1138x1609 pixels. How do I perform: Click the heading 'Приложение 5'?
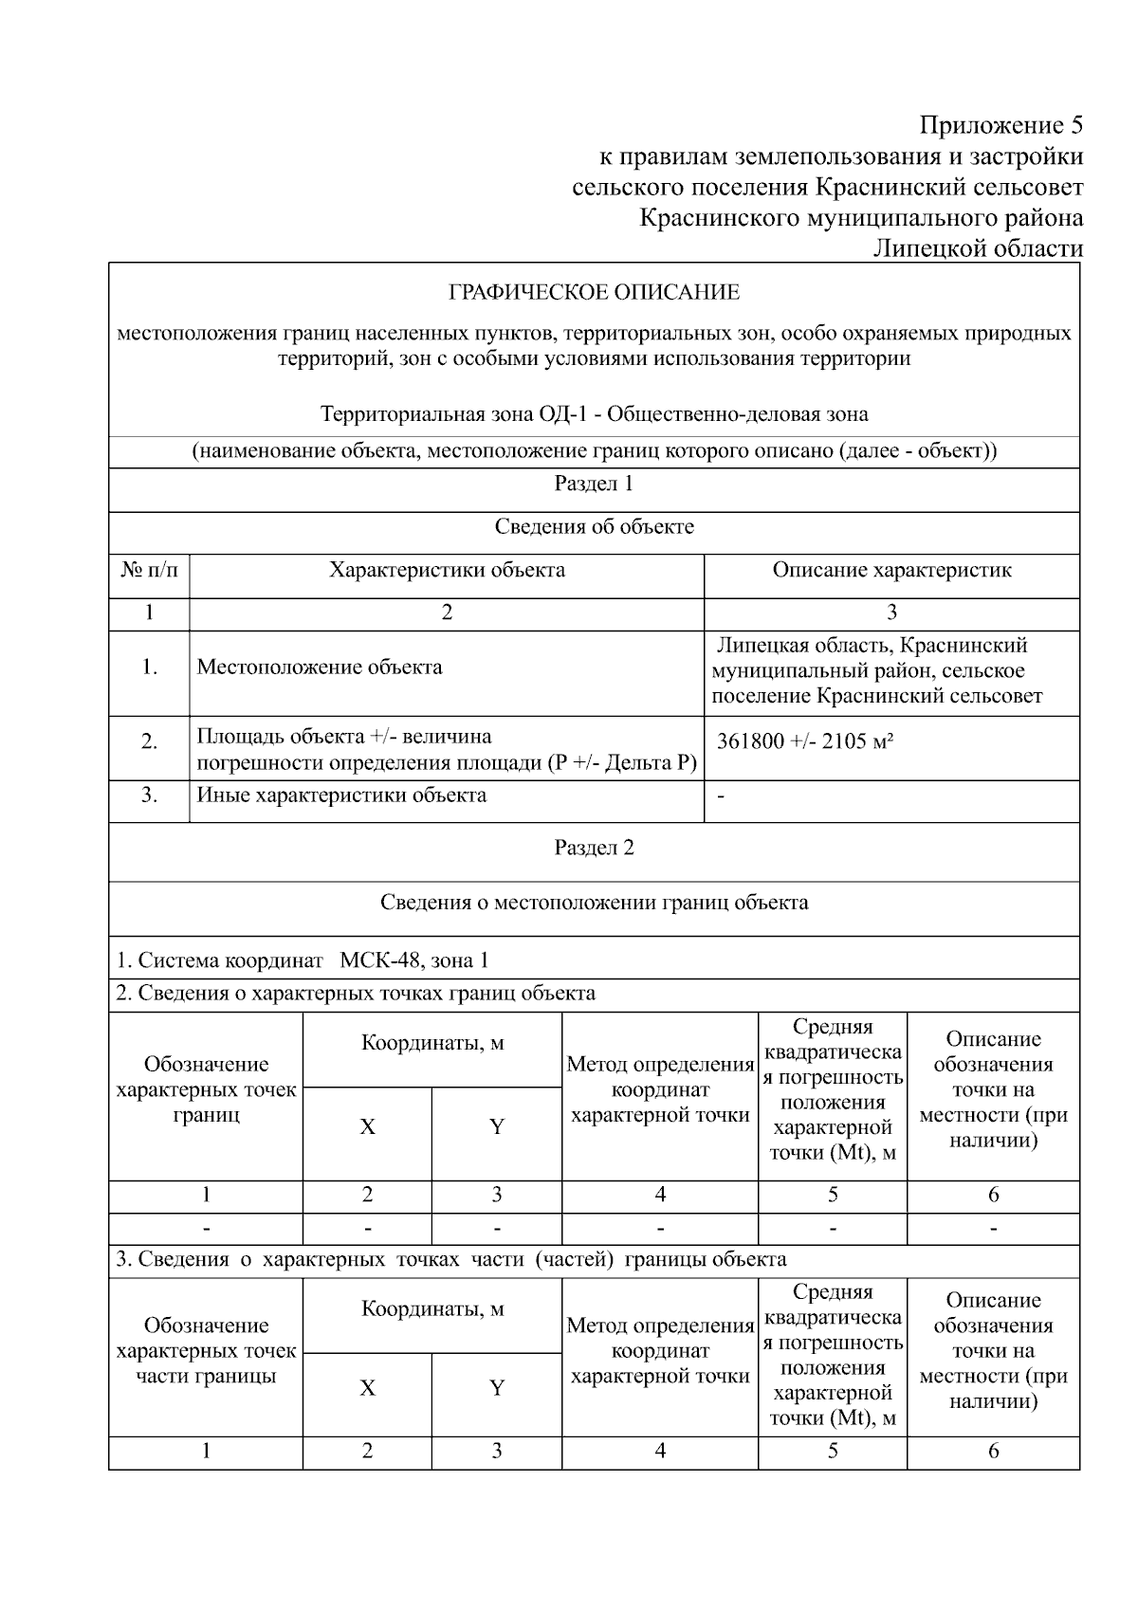pos(1000,125)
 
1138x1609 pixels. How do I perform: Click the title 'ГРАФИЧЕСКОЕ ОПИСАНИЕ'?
pos(594,292)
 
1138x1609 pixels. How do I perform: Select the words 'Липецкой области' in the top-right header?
pos(978,248)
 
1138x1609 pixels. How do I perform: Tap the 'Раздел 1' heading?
pos(594,484)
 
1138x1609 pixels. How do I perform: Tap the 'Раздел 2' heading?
pos(594,848)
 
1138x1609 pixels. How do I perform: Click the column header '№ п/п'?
pos(149,570)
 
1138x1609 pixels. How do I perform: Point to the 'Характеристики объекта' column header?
pos(447,570)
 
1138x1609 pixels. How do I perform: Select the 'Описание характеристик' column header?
pos(891,570)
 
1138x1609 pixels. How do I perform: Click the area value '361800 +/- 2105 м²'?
pos(805,741)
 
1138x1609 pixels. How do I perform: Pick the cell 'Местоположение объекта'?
pos(320,667)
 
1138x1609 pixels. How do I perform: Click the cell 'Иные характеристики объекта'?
pos(341,795)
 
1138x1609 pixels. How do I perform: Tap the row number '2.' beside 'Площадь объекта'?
pos(149,741)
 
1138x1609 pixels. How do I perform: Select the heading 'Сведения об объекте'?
pos(594,526)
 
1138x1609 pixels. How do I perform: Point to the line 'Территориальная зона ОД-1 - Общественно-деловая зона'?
pos(594,414)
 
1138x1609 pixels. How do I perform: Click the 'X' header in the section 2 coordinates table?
pos(367,1126)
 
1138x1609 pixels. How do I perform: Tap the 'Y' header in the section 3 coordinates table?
pos(496,1388)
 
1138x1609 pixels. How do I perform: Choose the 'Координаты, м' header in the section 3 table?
pos(432,1309)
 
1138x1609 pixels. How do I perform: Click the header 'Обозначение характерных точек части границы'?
pos(206,1350)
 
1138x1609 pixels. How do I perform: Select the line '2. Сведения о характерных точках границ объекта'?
pos(356,993)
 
